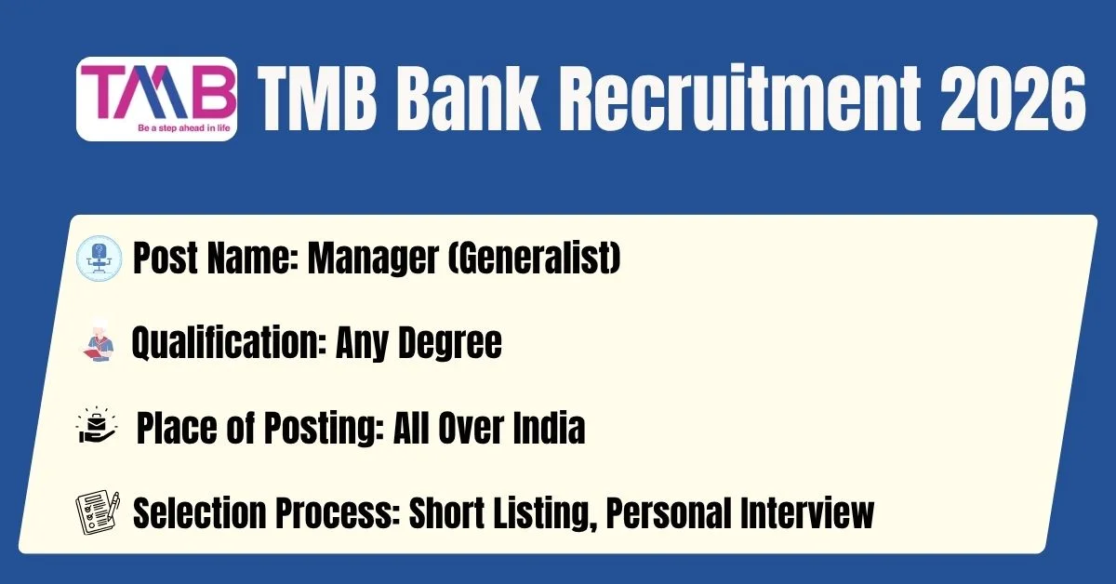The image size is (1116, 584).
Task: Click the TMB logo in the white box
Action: pos(156,99)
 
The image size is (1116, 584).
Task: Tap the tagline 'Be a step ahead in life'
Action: pos(184,128)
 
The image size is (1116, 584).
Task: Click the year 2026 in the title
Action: pos(1013,99)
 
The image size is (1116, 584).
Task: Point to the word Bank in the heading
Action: pos(468,99)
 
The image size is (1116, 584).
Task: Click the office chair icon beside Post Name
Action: pos(100,259)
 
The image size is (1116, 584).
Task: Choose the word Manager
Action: pos(373,259)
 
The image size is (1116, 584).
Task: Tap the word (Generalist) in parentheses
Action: pos(535,258)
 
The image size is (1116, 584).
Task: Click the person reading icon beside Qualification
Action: pos(99,341)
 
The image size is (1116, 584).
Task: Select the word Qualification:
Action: pos(229,342)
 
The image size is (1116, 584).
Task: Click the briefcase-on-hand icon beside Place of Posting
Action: pos(96,425)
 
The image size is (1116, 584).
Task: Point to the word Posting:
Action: pos(324,428)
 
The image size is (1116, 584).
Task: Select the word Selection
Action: pos(199,512)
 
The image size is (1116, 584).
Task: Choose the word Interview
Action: pos(807,512)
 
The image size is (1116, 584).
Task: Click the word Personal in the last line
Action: pos(668,512)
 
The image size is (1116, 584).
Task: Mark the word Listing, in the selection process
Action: pos(545,514)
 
